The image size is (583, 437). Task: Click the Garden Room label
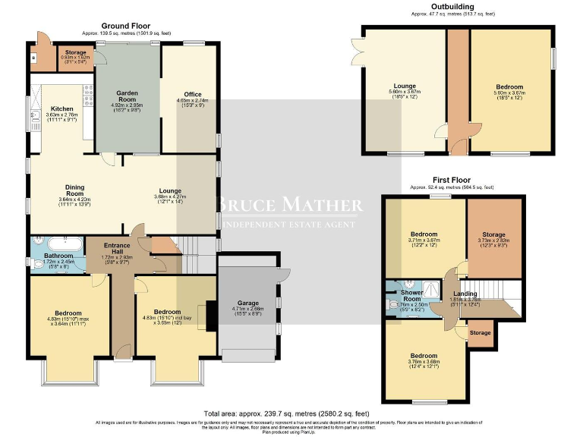pos(127,96)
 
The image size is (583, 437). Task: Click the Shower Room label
pos(412,293)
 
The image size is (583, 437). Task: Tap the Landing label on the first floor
pos(465,294)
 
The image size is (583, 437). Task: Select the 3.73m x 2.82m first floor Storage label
pos(493,235)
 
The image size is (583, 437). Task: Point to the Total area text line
pos(291,413)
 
